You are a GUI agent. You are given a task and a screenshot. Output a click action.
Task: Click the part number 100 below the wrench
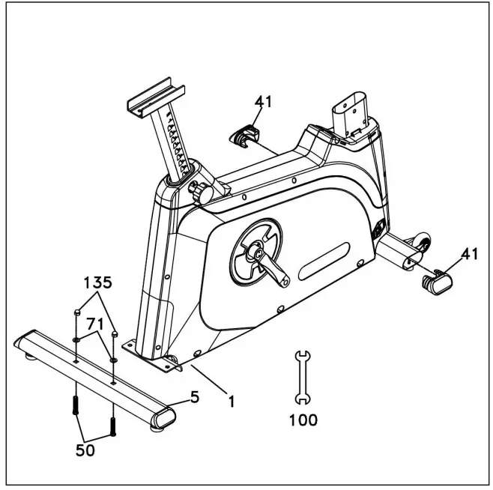pyautogui.click(x=303, y=420)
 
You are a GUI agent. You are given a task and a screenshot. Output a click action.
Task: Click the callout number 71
pyautogui.click(x=95, y=324)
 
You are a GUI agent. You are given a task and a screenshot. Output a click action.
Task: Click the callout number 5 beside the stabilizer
pyautogui.click(x=195, y=396)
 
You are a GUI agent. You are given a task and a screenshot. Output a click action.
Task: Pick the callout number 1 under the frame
pyautogui.click(x=232, y=401)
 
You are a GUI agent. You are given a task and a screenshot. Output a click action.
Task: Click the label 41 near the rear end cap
pyautogui.click(x=469, y=254)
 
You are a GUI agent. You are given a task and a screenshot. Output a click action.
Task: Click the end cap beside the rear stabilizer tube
pyautogui.click(x=438, y=282)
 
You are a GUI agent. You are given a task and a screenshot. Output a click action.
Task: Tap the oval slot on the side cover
pyautogui.click(x=325, y=260)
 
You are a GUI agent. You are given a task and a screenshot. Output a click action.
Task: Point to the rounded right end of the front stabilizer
pyautogui.click(x=163, y=418)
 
